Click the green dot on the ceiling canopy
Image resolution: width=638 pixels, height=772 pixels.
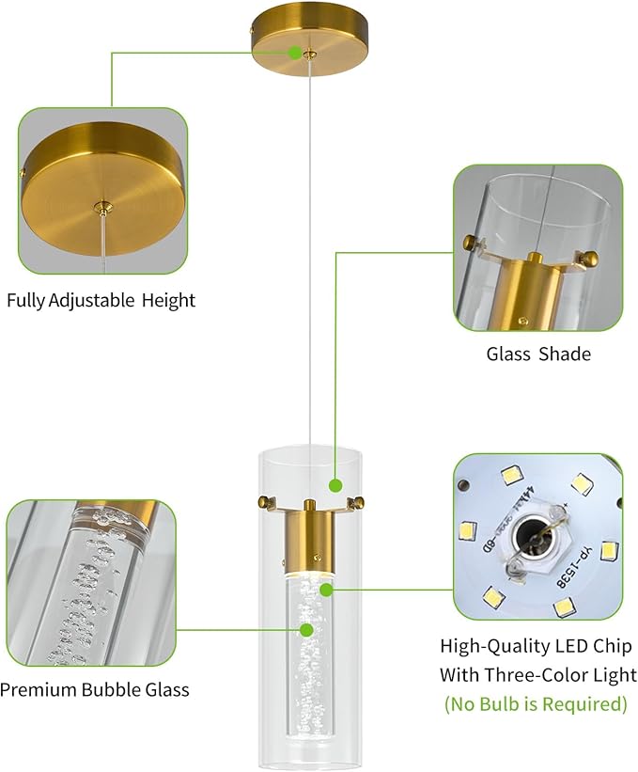[x=295, y=53]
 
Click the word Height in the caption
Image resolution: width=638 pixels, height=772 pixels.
[x=169, y=302]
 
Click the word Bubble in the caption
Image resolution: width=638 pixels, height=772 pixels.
[x=102, y=690]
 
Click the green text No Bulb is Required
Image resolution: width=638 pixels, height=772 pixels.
[x=536, y=703]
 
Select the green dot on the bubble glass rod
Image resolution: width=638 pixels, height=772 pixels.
[x=306, y=629]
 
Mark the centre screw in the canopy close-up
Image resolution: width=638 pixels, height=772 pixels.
[x=101, y=204]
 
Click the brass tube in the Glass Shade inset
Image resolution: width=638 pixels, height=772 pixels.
[x=527, y=287]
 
